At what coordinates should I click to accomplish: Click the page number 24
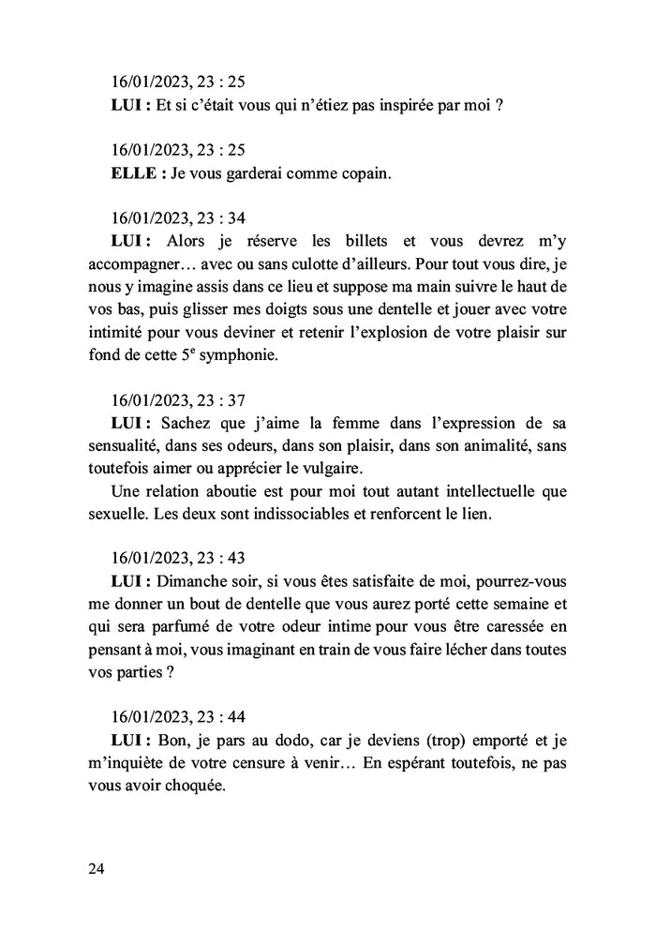[x=96, y=868]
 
